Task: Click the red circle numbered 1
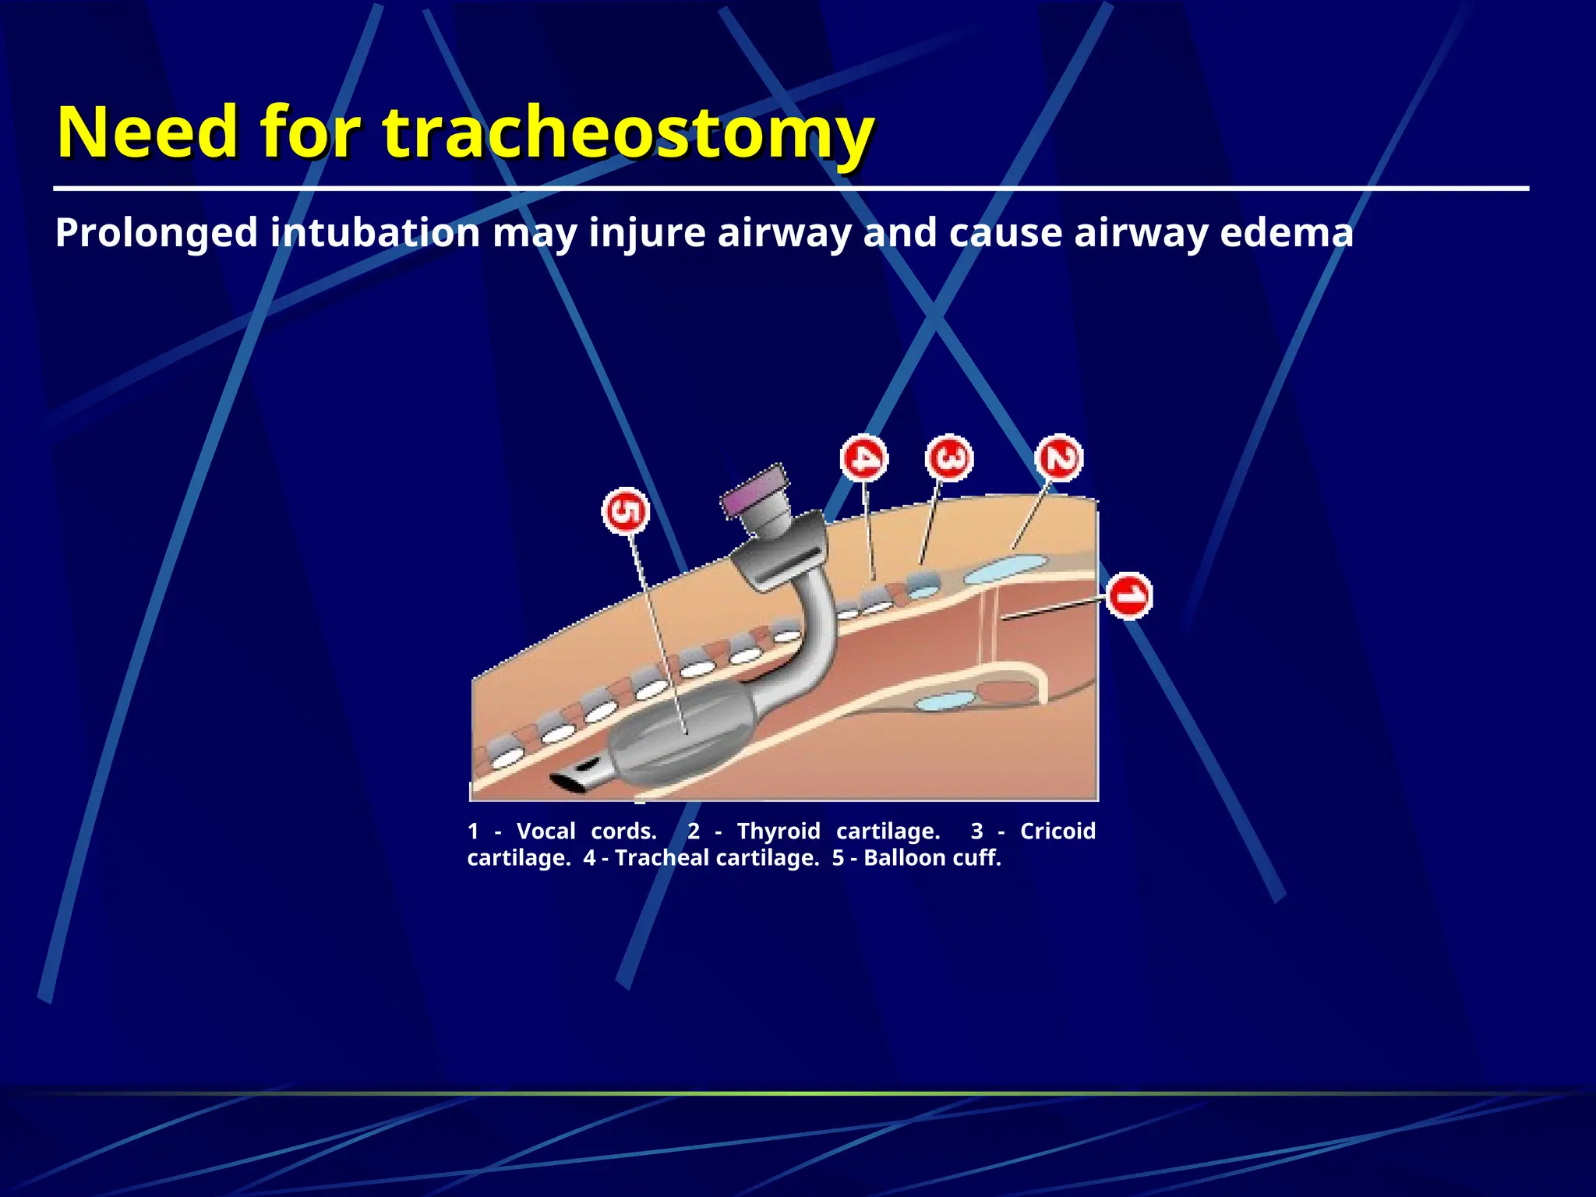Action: [1128, 596]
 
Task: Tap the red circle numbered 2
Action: [1059, 457]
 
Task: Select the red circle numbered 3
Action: [949, 457]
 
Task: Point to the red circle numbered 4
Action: [864, 457]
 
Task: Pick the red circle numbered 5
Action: [626, 512]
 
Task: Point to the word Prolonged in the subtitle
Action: [157, 233]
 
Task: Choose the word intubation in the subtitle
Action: [375, 233]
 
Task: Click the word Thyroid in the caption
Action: [778, 831]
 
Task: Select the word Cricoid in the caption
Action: [1058, 831]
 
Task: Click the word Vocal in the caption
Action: [546, 831]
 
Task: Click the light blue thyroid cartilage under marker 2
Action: [1005, 567]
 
